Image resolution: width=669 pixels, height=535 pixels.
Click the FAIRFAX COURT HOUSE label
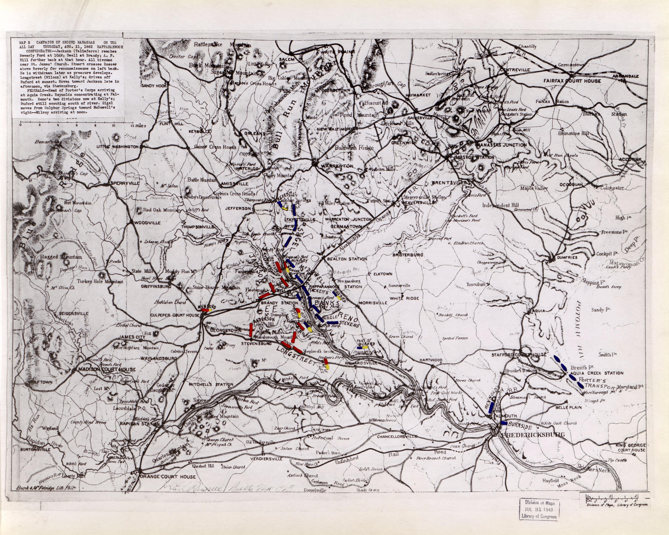pyautogui.click(x=572, y=81)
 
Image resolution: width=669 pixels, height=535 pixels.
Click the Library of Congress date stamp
pyautogui.click(x=540, y=510)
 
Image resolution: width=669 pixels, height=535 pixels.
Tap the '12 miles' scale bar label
pyautogui.click(x=138, y=126)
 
